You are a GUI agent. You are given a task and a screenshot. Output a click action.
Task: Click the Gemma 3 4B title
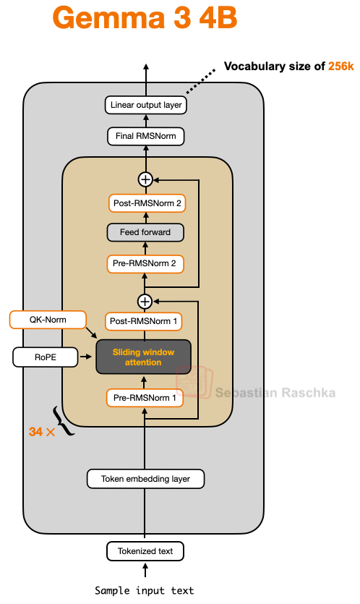145,19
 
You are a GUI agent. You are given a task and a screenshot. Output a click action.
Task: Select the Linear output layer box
146,106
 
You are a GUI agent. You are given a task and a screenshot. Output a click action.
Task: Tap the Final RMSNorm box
145,136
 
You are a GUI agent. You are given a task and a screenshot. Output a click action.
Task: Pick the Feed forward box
145,233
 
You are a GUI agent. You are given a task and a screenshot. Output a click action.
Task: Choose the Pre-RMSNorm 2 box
145,263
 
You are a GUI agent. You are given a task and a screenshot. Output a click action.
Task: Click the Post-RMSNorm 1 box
145,320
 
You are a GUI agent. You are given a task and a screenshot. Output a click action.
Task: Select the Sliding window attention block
143,357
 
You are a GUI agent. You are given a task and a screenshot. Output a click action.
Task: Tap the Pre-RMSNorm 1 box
145,397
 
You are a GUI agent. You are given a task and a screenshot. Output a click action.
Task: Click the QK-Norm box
48,319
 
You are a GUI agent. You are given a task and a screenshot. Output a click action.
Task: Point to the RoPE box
45,357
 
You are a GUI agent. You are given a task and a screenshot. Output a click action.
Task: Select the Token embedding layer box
145,478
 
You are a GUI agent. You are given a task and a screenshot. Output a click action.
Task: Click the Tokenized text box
145,551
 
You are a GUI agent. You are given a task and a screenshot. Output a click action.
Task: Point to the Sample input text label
145,590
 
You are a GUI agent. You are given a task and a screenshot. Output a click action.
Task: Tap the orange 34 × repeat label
40,431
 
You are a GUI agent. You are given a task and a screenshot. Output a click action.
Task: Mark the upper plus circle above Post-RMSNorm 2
145,179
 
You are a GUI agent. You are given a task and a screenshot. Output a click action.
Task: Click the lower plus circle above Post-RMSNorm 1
145,300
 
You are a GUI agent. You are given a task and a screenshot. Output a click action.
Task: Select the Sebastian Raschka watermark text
275,393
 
